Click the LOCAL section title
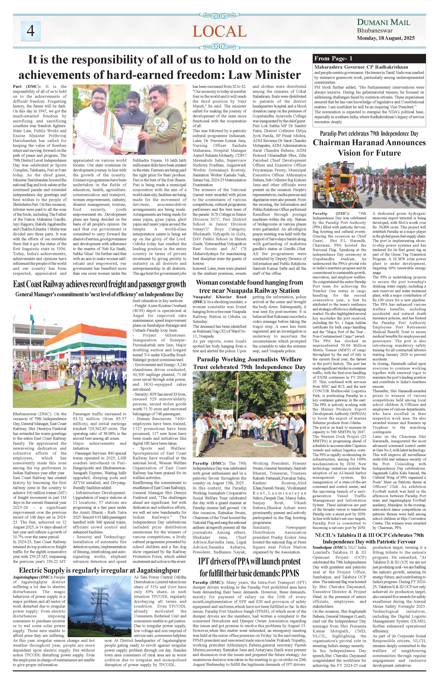219,31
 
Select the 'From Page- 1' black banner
369,58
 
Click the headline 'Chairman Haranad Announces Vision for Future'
369,148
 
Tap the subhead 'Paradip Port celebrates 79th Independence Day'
369,133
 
